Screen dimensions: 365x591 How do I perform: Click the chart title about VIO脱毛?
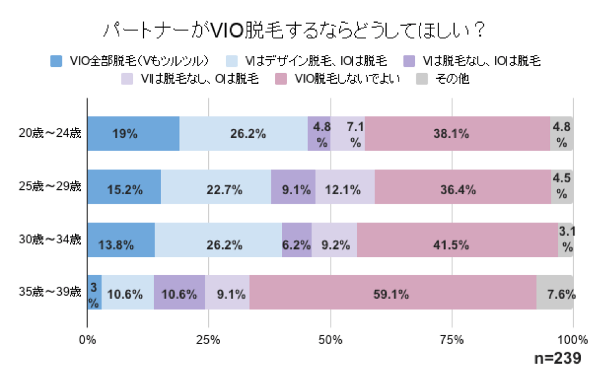point(295,31)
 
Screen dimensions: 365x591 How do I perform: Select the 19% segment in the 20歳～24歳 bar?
point(133,134)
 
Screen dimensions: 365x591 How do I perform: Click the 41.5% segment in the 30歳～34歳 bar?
point(457,240)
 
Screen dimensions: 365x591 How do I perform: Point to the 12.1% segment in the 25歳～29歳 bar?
point(345,187)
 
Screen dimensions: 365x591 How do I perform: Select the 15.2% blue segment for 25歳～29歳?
point(124,187)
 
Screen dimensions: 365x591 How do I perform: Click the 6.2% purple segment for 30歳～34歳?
point(296,240)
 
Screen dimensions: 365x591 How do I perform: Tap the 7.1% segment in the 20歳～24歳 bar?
point(348,134)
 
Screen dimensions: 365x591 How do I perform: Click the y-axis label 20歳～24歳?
point(50,133)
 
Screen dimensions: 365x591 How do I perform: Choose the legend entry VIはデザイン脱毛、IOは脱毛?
point(321,61)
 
